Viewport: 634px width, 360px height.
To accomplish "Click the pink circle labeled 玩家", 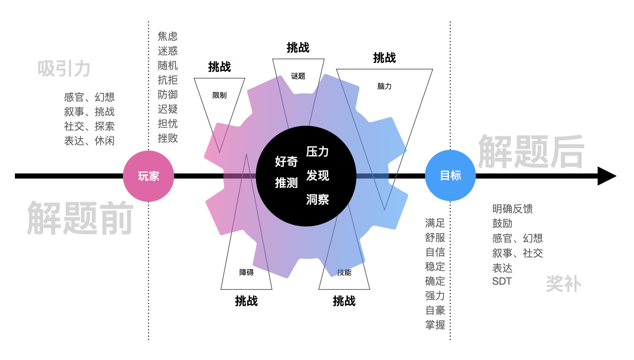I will (148, 176).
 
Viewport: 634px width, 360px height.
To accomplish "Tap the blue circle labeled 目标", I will (450, 175).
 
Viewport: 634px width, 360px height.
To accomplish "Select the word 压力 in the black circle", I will (317, 152).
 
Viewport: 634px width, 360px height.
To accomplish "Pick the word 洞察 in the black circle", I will (317, 199).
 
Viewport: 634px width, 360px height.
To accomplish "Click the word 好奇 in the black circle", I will (286, 161).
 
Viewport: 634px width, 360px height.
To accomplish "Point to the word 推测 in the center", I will (286, 183).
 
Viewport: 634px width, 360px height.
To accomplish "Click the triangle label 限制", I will (219, 95).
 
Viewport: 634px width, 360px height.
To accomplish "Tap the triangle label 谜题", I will (298, 76).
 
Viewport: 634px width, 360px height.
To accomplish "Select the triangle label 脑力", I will (384, 86).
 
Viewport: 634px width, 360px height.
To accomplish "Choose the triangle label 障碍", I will (246, 272).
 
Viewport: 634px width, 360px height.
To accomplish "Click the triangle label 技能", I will (344, 272).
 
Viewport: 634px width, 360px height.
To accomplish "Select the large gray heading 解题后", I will (531, 151).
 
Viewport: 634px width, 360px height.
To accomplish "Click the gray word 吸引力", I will (64, 68).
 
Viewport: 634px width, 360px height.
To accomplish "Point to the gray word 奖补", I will (563, 284).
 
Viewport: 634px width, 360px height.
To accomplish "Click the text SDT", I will (502, 281).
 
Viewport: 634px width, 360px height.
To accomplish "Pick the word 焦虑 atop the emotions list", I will (168, 36).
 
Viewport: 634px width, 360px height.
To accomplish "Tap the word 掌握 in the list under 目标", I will (435, 324).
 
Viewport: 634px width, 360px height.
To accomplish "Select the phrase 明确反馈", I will (512, 209).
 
